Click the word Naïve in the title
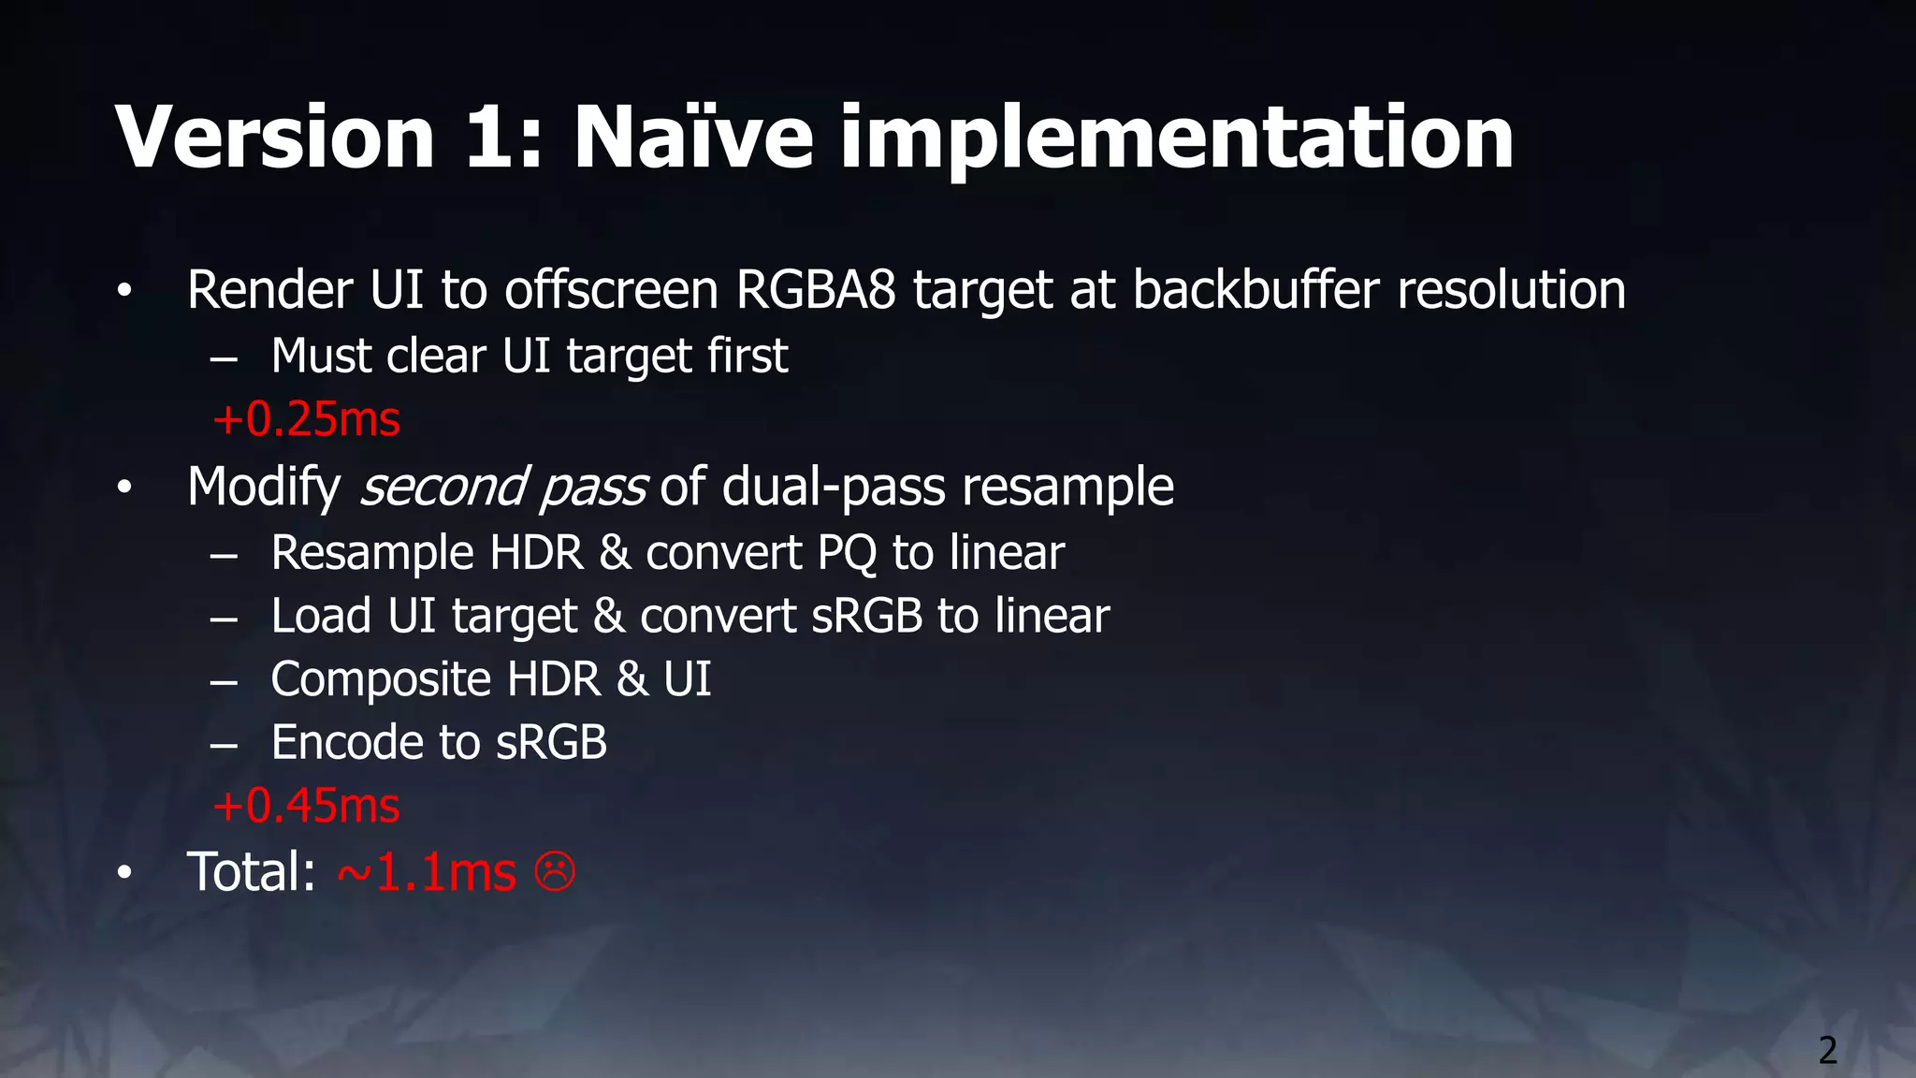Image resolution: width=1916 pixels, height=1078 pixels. [693, 138]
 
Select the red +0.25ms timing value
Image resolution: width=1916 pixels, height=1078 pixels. [307, 419]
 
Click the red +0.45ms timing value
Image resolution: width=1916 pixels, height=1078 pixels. [307, 806]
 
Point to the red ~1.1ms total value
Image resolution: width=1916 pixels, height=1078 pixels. [427, 872]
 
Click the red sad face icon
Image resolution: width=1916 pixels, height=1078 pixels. [555, 872]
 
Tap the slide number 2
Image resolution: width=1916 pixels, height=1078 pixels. [1827, 1050]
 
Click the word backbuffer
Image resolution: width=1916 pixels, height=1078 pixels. [1256, 289]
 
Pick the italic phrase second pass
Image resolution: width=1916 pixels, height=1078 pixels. [502, 488]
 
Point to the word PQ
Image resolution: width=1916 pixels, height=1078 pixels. [847, 553]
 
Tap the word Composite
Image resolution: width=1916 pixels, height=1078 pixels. [381, 680]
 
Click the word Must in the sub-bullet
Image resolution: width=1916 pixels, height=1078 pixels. [321, 357]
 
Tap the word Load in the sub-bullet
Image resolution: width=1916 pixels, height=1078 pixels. [321, 617]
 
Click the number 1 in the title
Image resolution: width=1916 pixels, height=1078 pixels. [489, 138]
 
